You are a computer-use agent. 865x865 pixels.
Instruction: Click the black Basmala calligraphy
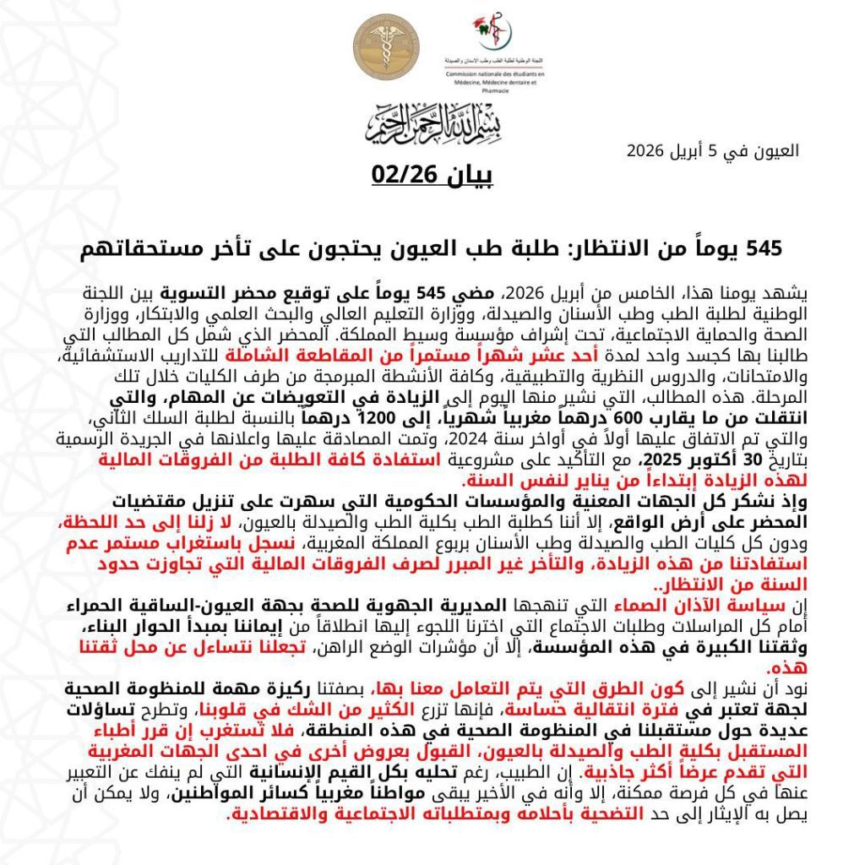tap(431, 122)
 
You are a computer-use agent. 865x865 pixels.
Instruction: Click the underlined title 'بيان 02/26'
tap(432, 176)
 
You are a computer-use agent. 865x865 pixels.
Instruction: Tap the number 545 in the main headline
tap(763, 248)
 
